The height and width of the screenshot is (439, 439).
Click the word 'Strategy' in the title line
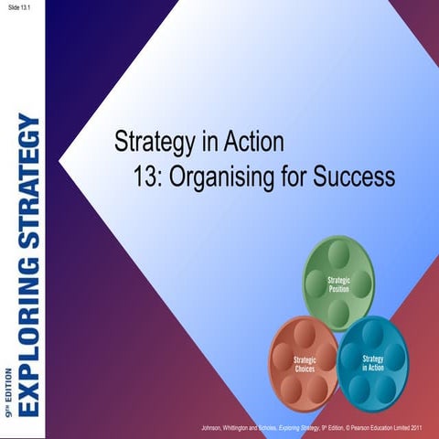point(152,143)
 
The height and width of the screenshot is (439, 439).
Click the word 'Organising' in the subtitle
point(232,176)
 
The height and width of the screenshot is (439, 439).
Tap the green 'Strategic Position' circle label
point(339,283)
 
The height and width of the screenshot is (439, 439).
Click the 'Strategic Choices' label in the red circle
point(305,366)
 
